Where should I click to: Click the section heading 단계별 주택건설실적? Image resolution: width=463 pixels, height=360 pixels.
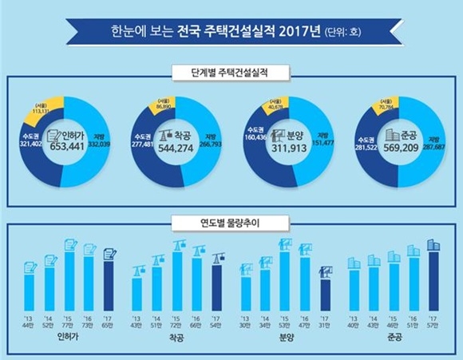[x=231, y=72]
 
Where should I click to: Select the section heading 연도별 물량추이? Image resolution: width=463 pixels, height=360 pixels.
[x=231, y=219]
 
